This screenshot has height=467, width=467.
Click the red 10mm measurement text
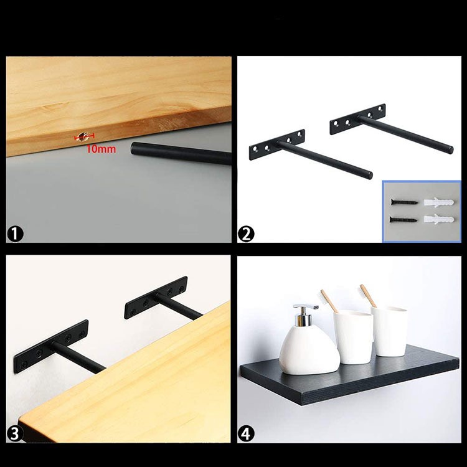point(101,149)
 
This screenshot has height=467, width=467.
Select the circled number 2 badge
point(246,233)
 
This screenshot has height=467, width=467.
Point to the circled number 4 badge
point(246,433)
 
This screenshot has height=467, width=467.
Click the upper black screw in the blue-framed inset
point(404,202)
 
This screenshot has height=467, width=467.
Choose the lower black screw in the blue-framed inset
point(403,220)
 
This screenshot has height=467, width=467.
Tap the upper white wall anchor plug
point(439,202)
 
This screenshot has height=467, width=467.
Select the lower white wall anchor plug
point(439,220)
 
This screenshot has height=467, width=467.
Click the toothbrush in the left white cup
point(329,301)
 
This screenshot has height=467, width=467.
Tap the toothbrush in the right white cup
point(369,296)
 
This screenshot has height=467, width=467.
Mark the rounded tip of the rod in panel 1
point(133,148)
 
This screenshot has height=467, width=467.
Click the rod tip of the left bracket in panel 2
point(370,175)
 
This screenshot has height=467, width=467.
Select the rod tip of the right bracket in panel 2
point(450,149)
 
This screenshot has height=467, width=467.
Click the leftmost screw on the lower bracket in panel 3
point(24,364)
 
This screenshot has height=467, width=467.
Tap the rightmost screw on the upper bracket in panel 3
point(181,288)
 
